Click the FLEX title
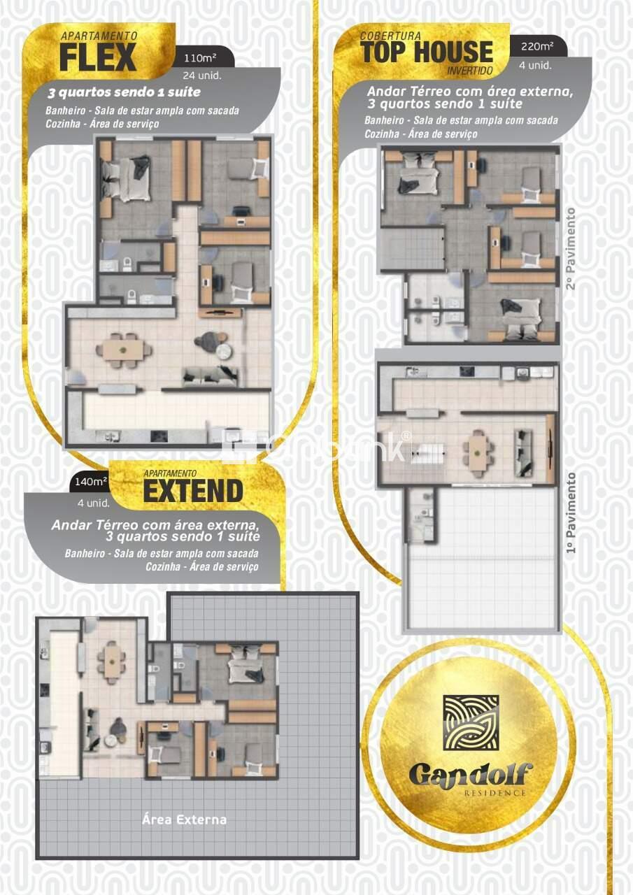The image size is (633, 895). [x=97, y=58]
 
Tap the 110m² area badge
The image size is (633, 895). [x=199, y=57]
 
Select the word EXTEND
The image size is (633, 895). [x=193, y=492]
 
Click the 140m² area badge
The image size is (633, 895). [x=91, y=481]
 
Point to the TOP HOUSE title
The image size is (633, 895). [x=427, y=52]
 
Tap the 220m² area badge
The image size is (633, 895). [x=536, y=47]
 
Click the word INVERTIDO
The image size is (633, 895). [x=470, y=71]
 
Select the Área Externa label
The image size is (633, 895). [x=184, y=819]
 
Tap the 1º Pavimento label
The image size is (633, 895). [x=571, y=513]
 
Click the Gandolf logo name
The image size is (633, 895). [x=470, y=775]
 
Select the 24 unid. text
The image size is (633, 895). [x=202, y=76]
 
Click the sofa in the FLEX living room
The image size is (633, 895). [x=210, y=375]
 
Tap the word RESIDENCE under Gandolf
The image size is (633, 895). [x=495, y=793]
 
